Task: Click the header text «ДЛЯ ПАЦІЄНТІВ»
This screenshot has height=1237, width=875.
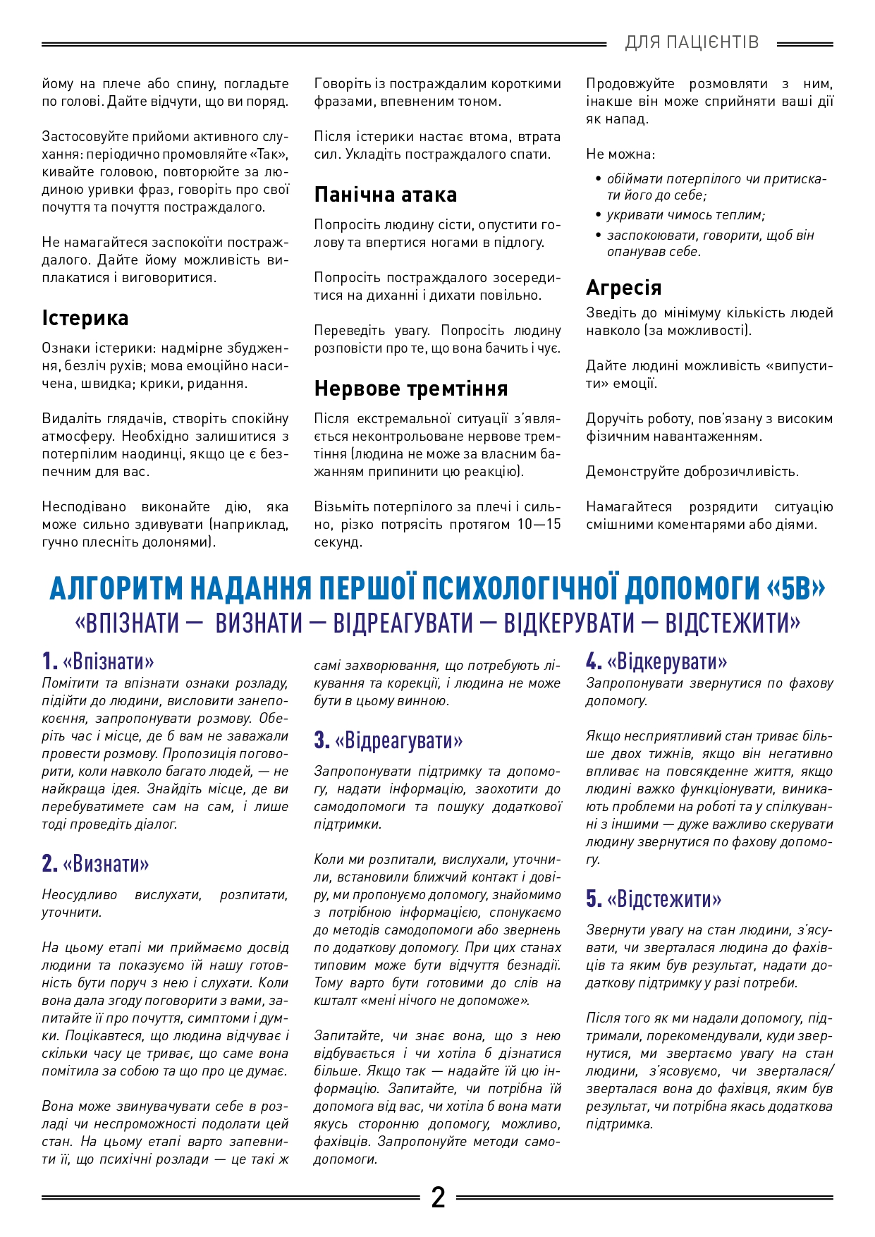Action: (692, 43)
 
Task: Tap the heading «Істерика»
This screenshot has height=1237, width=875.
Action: (85, 318)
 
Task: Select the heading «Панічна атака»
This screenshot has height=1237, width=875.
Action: (385, 195)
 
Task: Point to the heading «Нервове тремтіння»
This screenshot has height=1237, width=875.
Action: (411, 389)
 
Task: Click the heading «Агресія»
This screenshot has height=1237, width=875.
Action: (624, 288)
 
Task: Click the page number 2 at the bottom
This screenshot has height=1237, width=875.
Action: (438, 1198)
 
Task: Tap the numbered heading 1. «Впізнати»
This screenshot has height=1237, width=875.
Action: (98, 662)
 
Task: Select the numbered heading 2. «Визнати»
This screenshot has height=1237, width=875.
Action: (96, 864)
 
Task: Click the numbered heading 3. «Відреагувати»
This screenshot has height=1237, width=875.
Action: (388, 741)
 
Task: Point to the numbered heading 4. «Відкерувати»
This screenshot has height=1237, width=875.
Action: (656, 662)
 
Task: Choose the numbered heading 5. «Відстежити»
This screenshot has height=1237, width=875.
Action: (654, 899)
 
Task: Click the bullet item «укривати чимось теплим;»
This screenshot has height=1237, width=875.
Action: (685, 215)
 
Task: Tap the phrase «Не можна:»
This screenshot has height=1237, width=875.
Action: (620, 154)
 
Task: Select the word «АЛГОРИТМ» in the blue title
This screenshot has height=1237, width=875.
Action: (116, 588)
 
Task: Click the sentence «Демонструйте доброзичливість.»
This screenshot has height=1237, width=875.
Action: (692, 471)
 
